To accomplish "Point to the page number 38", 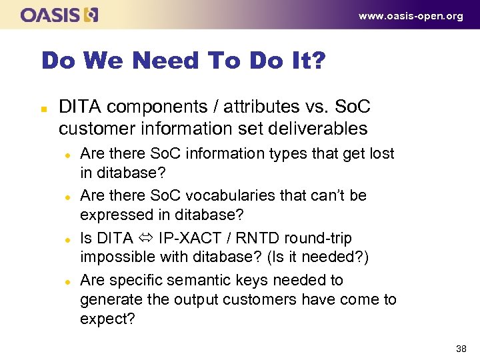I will [x=461, y=348].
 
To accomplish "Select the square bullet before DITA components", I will [x=44, y=107].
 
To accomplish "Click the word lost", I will [x=379, y=153].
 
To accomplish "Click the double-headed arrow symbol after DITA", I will [x=145, y=238].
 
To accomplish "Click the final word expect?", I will [x=107, y=319].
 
